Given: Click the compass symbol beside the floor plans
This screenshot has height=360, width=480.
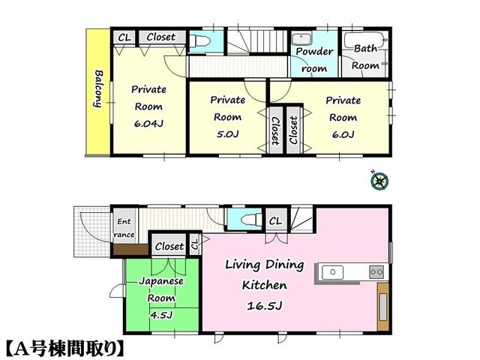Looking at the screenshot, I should click(x=381, y=180).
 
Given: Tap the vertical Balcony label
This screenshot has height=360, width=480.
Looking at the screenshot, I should click(x=98, y=89).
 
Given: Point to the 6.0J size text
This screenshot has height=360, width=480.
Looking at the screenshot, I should click(x=342, y=134).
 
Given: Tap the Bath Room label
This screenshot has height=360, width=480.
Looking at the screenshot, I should click(x=367, y=57).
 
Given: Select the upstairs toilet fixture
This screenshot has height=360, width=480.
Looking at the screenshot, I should click(x=199, y=42).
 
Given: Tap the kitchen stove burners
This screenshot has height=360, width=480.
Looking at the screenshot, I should click(x=376, y=271).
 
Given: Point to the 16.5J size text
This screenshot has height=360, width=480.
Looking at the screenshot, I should click(x=262, y=305).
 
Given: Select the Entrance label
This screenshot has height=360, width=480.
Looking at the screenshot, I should click(x=124, y=228).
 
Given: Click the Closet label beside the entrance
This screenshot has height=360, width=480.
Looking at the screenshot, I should click(x=169, y=246).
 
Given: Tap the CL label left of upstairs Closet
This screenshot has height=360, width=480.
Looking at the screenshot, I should click(x=123, y=37).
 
